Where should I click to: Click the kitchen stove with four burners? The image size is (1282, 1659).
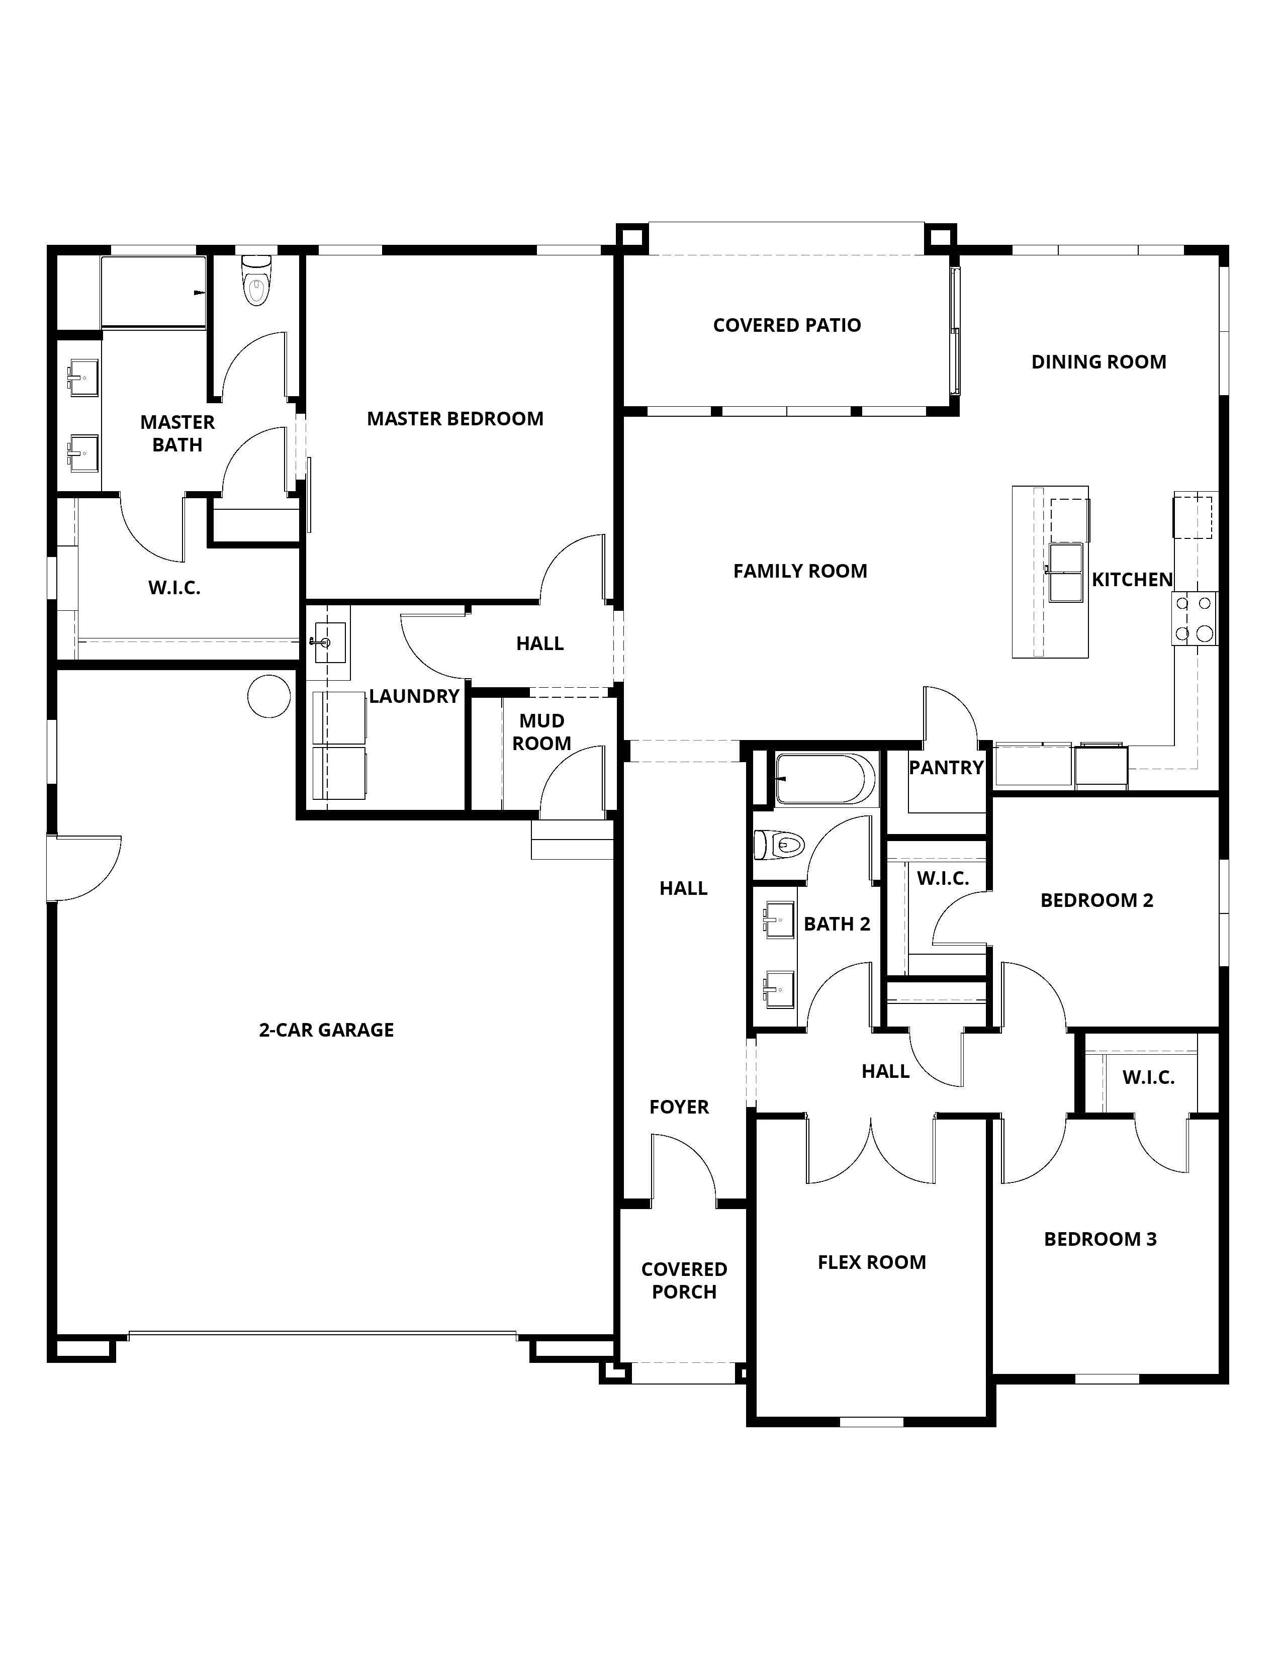(1195, 619)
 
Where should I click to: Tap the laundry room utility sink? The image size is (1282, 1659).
(330, 642)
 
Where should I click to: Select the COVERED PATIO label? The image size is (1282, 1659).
(787, 325)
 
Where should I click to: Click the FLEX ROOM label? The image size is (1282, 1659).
(872, 1262)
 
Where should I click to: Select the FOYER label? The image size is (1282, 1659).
(679, 1107)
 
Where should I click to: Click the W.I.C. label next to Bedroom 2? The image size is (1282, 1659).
(943, 878)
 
